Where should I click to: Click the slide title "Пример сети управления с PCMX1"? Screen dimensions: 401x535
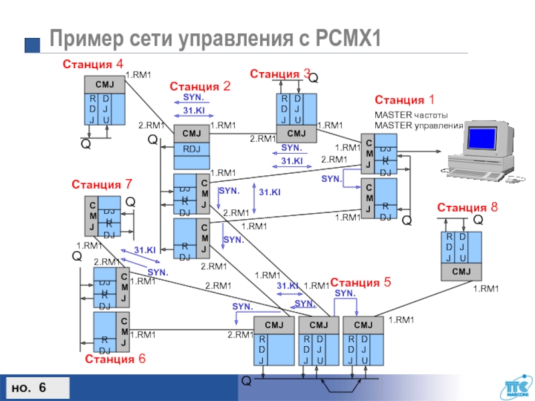pos(213,39)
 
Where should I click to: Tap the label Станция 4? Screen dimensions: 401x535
pos(93,64)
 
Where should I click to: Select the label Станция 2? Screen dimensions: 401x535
pos(200,86)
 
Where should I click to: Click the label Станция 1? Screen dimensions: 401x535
pos(405,100)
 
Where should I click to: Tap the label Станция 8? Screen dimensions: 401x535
pos(467,208)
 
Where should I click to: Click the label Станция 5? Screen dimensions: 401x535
pos(360,281)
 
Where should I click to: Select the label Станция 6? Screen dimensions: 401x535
pos(115,359)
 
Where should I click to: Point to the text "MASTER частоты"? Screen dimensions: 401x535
pos(411,115)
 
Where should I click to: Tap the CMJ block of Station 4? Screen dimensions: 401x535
pos(104,85)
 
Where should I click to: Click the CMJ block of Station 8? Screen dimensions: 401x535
pos(461,271)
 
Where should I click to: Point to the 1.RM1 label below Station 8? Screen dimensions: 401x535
pos(486,289)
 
